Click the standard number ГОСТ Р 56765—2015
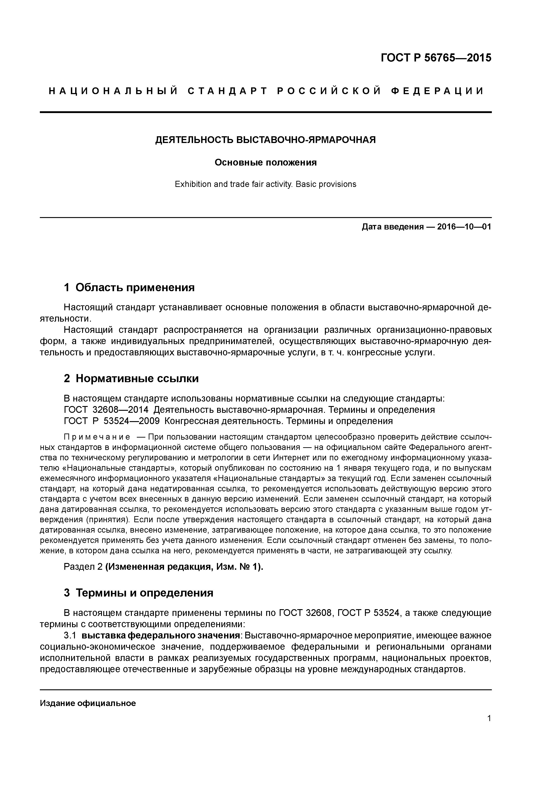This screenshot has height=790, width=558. point(436,58)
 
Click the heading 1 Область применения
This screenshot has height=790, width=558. point(129,287)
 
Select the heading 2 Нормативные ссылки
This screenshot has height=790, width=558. point(131,379)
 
